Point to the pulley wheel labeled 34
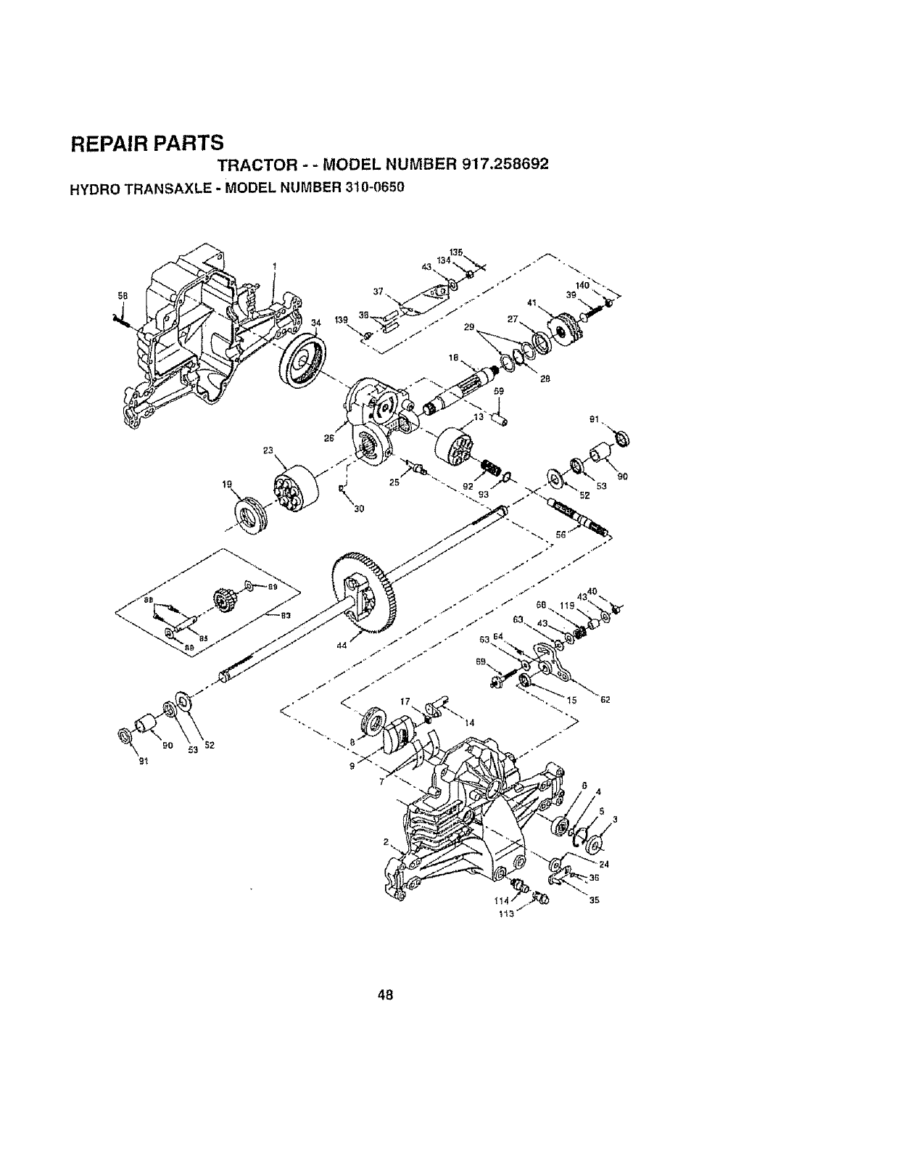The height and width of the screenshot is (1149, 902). pyautogui.click(x=300, y=363)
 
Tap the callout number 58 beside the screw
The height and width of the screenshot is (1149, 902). pyautogui.click(x=123, y=295)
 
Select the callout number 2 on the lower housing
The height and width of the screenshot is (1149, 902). pyautogui.click(x=388, y=842)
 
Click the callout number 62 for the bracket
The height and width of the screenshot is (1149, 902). pyautogui.click(x=604, y=700)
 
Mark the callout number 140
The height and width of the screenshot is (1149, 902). pyautogui.click(x=582, y=285)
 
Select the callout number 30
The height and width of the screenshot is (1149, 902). pyautogui.click(x=358, y=508)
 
